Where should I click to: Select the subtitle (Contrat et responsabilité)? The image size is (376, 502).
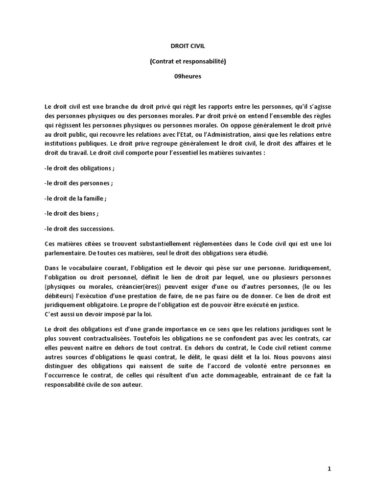pos(188,62)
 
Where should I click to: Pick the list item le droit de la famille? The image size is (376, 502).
pos(75,199)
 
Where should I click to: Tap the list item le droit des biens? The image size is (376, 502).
pos(71,213)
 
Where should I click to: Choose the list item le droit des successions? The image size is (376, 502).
pos(79,228)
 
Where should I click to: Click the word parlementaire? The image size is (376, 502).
pos(64,253)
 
